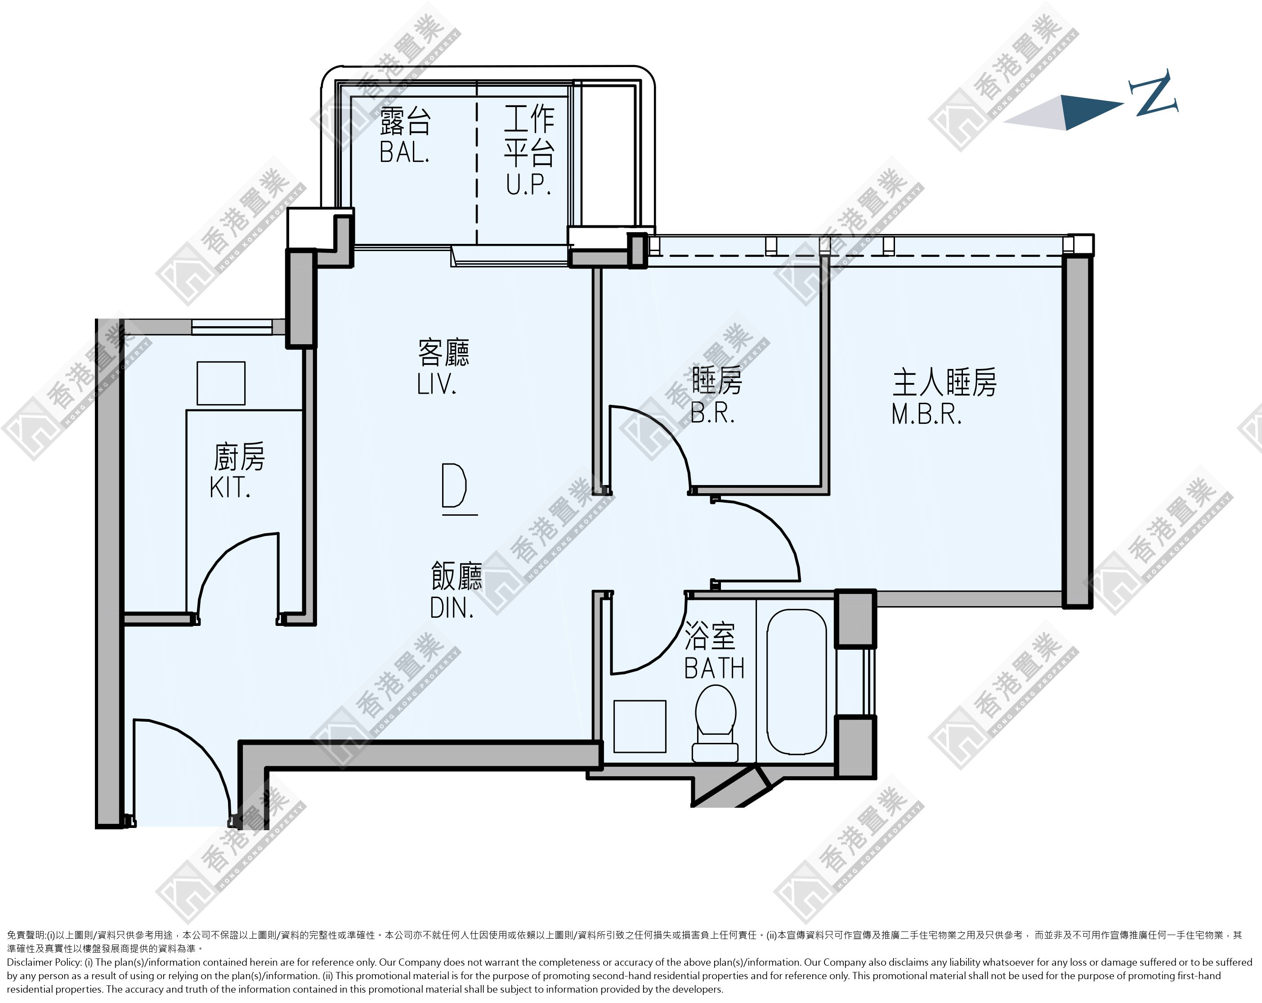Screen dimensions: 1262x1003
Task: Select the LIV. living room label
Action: coord(436,384)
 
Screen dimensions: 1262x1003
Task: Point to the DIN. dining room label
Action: coord(451,608)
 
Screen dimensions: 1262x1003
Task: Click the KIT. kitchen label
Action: coord(230,487)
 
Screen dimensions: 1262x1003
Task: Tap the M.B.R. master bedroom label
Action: coord(926,414)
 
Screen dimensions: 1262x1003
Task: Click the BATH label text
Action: coord(714,668)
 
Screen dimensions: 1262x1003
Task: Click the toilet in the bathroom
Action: coord(715,724)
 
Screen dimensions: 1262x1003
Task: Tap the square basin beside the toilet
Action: coord(640,726)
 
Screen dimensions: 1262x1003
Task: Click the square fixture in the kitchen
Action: coord(221,383)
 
